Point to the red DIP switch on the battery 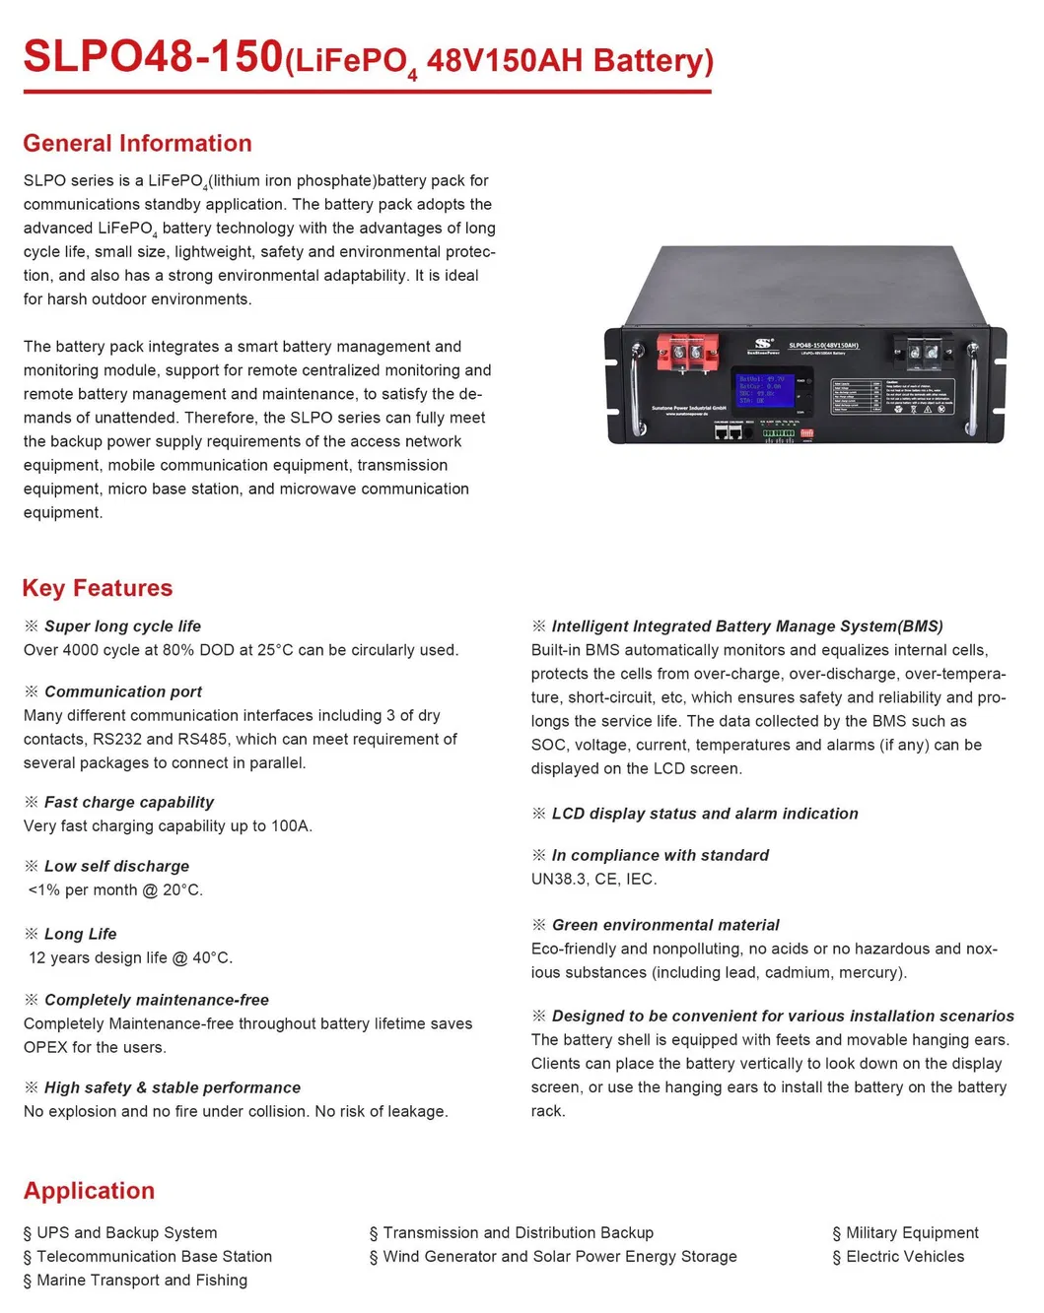(806, 433)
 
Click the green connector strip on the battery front (778, 433)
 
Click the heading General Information (137, 144)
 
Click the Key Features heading (98, 588)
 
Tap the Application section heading (90, 1191)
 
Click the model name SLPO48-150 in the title (153, 57)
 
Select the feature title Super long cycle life (122, 626)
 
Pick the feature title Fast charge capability (128, 803)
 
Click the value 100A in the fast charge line (291, 826)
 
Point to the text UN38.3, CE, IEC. (593, 880)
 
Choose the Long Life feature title (80, 935)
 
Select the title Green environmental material (664, 926)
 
